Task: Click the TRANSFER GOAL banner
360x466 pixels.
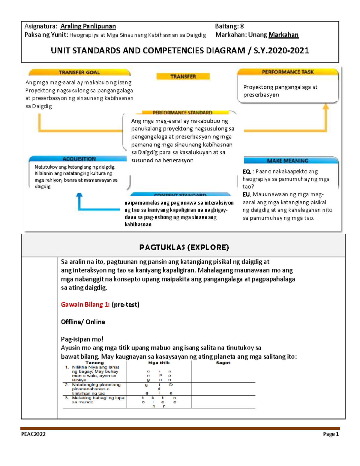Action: click(79, 72)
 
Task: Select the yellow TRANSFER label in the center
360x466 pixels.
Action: click(183, 77)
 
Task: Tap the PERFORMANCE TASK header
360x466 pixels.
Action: click(287, 72)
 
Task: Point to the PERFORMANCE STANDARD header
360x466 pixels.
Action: click(182, 113)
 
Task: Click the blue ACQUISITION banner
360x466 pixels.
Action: click(79, 159)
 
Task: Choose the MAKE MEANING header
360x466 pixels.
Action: click(287, 161)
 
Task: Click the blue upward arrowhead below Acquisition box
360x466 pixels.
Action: click(79, 195)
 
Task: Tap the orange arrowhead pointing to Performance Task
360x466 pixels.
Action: click(326, 106)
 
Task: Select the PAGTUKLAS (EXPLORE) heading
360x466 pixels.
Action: click(184, 247)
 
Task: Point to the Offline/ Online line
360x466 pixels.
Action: click(83, 322)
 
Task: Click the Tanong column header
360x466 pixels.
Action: click(94, 363)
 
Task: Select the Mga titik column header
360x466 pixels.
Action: click(159, 363)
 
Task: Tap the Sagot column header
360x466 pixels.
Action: click(223, 363)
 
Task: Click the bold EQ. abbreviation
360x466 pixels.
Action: click(247, 172)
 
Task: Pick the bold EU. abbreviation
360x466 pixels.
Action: click(247, 194)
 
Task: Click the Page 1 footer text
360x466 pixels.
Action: click(331, 434)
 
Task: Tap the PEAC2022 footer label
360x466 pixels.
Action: click(33, 434)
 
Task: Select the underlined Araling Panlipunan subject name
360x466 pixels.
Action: click(88, 26)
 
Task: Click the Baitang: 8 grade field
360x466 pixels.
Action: click(229, 26)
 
